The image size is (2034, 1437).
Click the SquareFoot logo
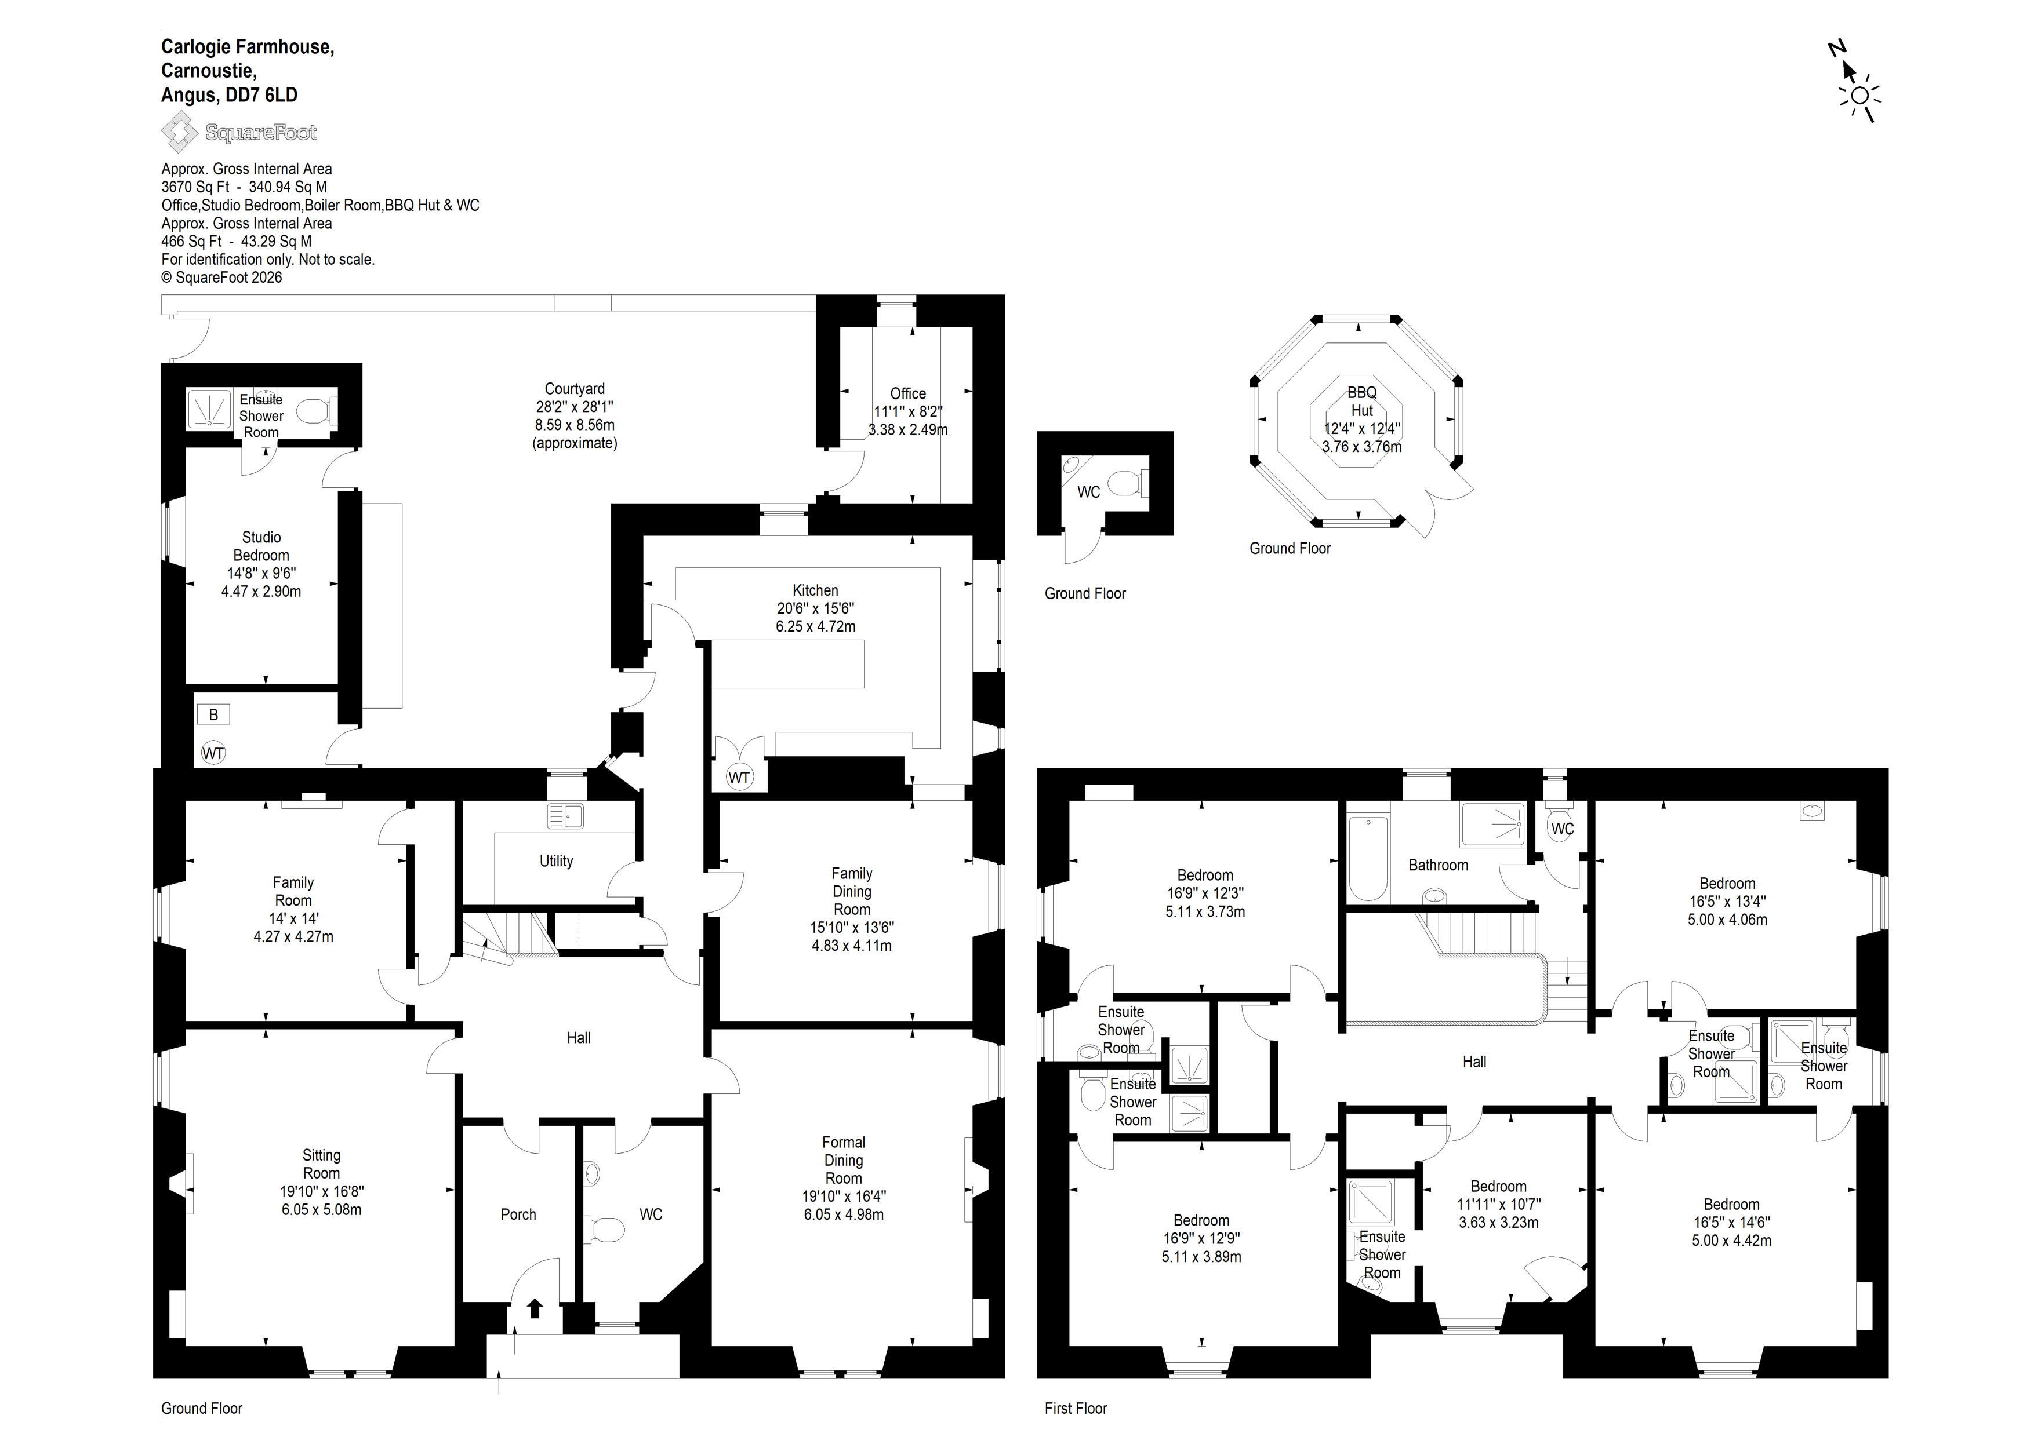click(x=239, y=133)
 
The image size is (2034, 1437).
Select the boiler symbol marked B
click(x=213, y=714)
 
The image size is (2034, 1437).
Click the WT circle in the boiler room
click(x=213, y=753)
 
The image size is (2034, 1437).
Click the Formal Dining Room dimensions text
click(x=844, y=1205)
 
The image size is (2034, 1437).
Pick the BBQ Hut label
click(x=1361, y=401)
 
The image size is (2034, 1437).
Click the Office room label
click(x=908, y=393)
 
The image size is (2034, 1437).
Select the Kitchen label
click(x=815, y=590)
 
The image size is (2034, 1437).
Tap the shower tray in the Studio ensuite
click(x=209, y=409)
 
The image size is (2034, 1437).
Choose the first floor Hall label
click(x=1474, y=1062)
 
